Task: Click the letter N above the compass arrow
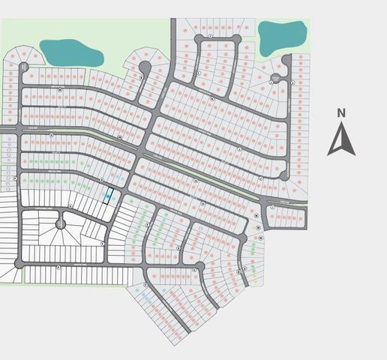pos(341,113)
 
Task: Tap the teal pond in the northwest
pos(72,52)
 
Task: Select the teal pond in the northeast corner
pos(282,35)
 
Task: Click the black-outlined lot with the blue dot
pos(108,195)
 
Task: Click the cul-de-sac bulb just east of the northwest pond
pos(145,68)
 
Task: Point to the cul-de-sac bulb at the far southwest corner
pos(19,263)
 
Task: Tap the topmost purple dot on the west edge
pos(9,139)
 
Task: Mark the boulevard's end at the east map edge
pos(305,204)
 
